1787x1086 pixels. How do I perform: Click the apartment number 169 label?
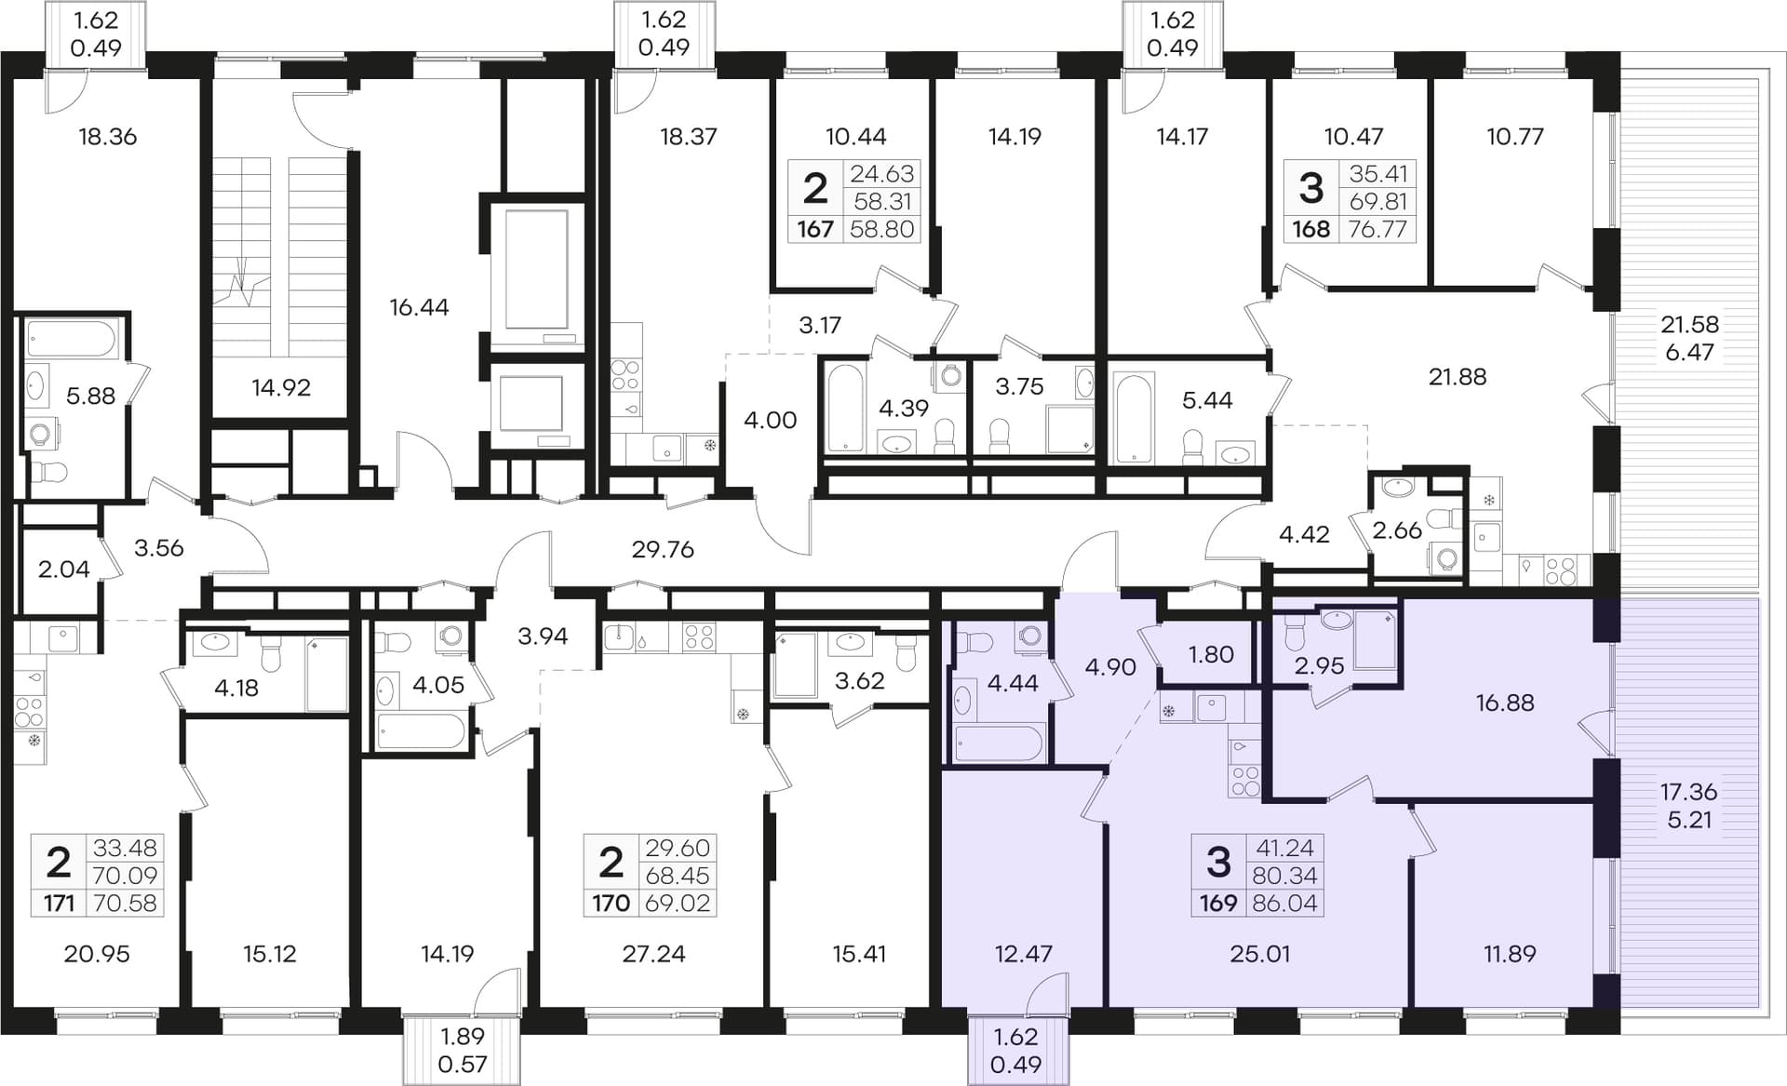pos(1217,903)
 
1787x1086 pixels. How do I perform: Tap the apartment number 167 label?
pos(815,229)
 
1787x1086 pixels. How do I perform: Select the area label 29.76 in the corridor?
pos(663,549)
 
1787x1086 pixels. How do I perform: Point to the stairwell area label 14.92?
pos(281,387)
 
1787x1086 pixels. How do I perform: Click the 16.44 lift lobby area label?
pos(419,307)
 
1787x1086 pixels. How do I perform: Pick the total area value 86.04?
pos(1285,903)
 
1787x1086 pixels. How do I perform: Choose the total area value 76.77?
pos(1377,229)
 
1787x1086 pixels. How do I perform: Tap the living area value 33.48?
pos(125,848)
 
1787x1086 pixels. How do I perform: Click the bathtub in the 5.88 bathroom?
pos(71,339)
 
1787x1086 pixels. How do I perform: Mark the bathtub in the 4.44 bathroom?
pos(999,744)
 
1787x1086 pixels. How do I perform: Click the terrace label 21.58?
pos(1689,325)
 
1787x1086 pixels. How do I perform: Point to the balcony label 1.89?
pos(463,1037)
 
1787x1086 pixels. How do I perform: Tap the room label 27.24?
pos(653,954)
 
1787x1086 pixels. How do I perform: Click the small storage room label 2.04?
pos(64,569)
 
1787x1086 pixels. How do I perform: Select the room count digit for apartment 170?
pos(611,863)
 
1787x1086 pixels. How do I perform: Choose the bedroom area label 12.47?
pos(1023,954)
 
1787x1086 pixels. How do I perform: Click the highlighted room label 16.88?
pos(1505,703)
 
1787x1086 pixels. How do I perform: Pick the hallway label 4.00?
pos(771,420)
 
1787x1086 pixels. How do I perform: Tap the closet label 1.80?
pos(1211,654)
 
